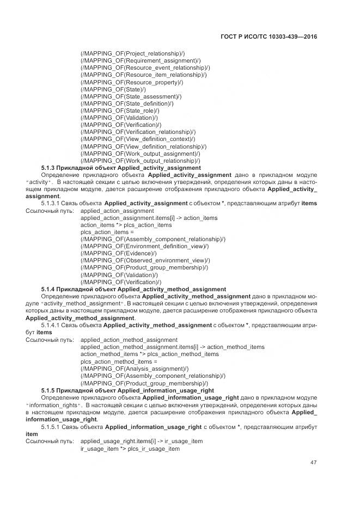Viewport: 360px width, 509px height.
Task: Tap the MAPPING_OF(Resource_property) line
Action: point(131,82)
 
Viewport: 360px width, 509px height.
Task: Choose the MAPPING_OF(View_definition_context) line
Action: point(138,139)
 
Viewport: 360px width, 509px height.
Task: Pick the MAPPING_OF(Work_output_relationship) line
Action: point(140,161)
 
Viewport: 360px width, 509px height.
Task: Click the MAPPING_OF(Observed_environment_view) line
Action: point(145,260)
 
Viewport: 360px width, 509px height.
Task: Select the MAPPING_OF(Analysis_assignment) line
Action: point(134,369)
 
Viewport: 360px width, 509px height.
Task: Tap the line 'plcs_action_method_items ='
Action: point(118,361)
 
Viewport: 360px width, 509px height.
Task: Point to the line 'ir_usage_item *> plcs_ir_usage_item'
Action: point(130,449)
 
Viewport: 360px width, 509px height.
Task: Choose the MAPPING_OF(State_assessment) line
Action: point(131,96)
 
